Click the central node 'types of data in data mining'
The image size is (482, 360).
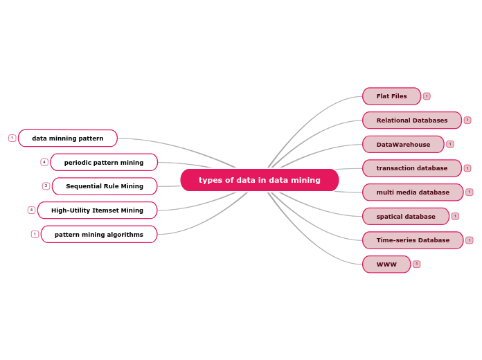[x=260, y=180]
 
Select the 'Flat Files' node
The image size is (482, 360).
[x=391, y=96]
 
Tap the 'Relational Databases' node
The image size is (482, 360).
[x=411, y=120]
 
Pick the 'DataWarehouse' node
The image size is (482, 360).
[x=403, y=145]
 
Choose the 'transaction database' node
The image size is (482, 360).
[x=411, y=168]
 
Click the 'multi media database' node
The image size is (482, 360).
[x=413, y=192]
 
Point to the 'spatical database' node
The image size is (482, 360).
[x=406, y=217]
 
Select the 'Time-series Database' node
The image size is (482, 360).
[x=413, y=240]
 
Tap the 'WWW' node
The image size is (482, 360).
[x=386, y=264]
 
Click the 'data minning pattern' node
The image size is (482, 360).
[x=68, y=138]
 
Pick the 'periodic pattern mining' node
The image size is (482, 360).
[x=104, y=163]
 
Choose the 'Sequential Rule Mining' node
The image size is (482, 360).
[x=105, y=186]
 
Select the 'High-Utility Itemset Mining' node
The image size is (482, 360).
[x=97, y=210]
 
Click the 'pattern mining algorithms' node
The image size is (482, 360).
[x=99, y=235]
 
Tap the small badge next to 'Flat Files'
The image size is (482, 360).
[x=427, y=96]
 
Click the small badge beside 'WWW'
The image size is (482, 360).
[x=416, y=264]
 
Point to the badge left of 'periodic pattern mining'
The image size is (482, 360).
[x=44, y=162]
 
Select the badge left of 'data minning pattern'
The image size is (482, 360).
[x=12, y=138]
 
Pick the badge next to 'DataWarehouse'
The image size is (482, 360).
[x=450, y=144]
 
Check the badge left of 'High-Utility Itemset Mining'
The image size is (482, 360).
[x=31, y=210]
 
